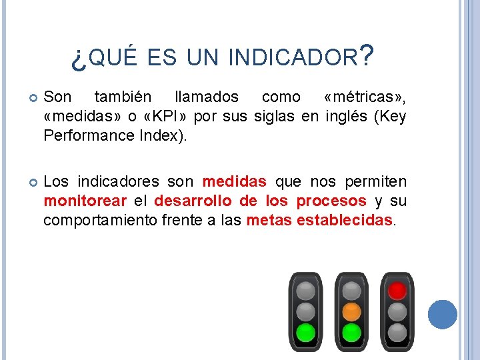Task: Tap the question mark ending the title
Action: (x=365, y=56)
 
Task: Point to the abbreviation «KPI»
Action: (x=169, y=117)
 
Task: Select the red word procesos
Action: (x=331, y=201)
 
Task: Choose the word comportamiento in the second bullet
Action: (x=100, y=221)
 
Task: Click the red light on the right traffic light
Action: (x=397, y=291)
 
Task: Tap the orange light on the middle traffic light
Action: (x=351, y=311)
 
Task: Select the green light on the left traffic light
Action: (x=305, y=331)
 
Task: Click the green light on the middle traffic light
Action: (x=351, y=331)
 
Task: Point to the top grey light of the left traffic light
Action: (x=305, y=291)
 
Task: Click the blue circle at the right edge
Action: (x=442, y=315)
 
